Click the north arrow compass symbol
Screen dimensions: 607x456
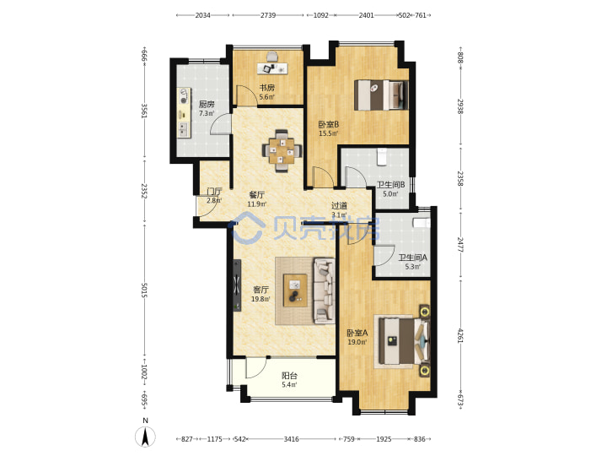(145, 437)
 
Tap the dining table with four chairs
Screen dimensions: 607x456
(282, 150)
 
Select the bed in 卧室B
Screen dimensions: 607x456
(381, 95)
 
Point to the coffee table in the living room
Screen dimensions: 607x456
(295, 290)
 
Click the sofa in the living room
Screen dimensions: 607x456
(324, 290)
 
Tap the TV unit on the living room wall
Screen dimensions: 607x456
(237, 285)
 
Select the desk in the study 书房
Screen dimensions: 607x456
(272, 68)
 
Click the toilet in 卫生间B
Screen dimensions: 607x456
(382, 156)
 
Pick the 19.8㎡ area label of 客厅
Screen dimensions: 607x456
(261, 299)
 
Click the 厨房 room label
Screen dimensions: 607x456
(207, 104)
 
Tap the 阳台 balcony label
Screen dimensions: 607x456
(289, 375)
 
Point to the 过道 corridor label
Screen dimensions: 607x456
(339, 206)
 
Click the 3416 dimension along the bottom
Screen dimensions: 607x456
(291, 439)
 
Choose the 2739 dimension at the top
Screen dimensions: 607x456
(268, 15)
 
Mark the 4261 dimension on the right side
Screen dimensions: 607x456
(460, 335)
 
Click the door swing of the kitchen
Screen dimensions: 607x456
(221, 124)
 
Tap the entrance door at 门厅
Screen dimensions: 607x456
(207, 205)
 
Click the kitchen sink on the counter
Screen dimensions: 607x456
(183, 129)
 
